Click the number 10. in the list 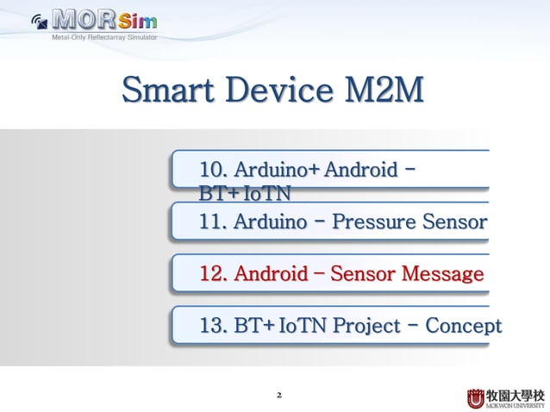click(213, 167)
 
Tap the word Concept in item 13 click(466, 326)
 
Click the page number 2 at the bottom click(278, 396)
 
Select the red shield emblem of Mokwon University click(476, 398)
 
